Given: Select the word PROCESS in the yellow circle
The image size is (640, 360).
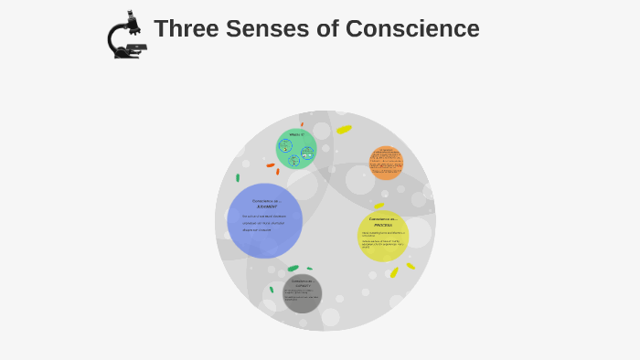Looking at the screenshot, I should click(x=383, y=226).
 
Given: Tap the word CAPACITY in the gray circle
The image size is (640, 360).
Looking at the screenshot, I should click(x=303, y=286).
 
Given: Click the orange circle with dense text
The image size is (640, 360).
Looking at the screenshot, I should click(x=386, y=163).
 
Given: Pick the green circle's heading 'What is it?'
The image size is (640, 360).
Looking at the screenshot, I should click(x=296, y=134).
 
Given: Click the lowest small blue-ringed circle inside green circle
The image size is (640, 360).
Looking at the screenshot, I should click(x=294, y=161).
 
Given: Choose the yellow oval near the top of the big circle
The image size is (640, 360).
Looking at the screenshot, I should click(x=344, y=130).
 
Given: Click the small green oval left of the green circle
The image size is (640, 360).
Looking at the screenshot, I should click(x=238, y=177).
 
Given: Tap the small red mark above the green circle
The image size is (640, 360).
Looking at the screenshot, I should click(x=302, y=124).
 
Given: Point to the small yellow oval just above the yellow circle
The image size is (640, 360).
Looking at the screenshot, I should click(x=379, y=206).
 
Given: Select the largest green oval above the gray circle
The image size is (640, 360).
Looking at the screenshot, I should click(x=293, y=269).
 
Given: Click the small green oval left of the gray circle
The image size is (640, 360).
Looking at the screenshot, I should click(x=272, y=290).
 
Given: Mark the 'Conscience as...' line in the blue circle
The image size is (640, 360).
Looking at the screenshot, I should click(x=266, y=200).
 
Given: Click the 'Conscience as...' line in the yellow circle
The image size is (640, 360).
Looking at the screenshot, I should click(x=383, y=219).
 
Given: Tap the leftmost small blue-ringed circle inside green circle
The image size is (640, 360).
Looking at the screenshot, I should click(x=285, y=144).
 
